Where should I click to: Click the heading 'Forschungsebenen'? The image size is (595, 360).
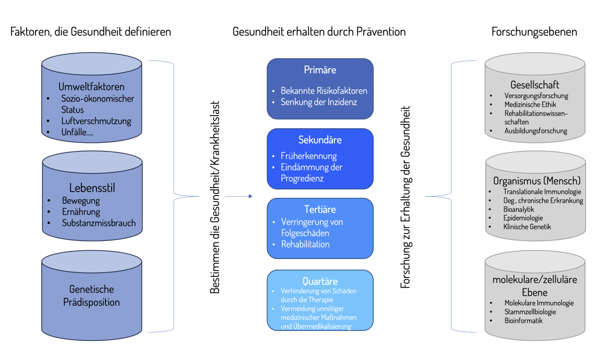(535, 32)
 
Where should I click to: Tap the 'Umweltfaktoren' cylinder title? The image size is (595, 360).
(91, 87)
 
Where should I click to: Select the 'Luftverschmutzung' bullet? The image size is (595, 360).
(96, 121)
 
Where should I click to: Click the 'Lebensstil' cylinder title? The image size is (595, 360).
(92, 188)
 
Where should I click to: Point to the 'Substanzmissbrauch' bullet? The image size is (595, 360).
(99, 222)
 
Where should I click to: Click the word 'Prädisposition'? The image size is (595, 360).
(91, 303)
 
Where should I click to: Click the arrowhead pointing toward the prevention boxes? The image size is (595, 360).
(250, 196)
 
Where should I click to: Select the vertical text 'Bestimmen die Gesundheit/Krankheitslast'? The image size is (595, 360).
(215, 197)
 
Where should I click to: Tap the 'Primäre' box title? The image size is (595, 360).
(320, 70)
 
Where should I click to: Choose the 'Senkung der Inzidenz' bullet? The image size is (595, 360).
(319, 102)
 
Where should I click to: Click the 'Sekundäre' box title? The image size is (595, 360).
(320, 140)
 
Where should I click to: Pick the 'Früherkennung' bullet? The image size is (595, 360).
(309, 156)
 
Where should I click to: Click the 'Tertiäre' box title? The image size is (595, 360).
(320, 210)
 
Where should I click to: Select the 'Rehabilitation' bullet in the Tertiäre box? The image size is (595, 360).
(305, 244)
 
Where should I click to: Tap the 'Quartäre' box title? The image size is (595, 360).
(320, 281)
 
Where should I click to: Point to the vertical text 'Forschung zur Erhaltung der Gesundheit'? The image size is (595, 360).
(406, 197)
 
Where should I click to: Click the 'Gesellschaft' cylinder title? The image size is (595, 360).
(535, 85)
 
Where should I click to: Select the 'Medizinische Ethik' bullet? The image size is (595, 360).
(530, 105)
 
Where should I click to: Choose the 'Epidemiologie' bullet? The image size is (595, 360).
(523, 218)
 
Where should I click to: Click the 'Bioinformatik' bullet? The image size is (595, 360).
(524, 321)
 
